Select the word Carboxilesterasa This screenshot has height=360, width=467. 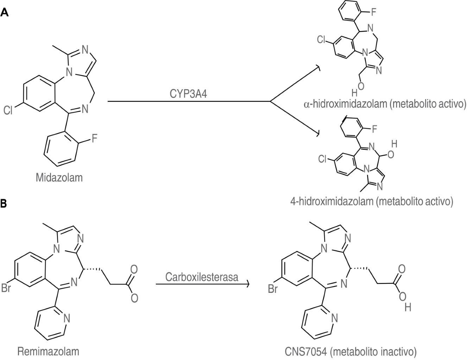pos(202,277)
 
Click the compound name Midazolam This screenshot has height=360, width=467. pos(59,178)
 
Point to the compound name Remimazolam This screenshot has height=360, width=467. pos(48,351)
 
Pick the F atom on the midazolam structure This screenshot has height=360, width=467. pos(95,139)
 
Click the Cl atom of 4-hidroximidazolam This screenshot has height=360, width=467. pos(322,159)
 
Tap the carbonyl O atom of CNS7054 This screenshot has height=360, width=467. pos(401,269)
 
